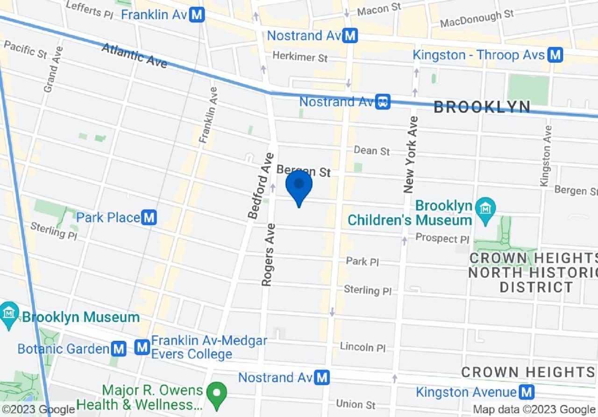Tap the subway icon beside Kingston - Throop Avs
[x=555, y=55]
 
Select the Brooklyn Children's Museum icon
[x=486, y=207]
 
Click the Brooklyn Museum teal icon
[x=9, y=311]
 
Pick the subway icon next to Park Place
[x=149, y=217]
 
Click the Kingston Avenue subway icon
[x=527, y=392]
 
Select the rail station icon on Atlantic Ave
[x=383, y=101]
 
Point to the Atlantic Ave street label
[x=134, y=56]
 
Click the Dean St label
[x=372, y=151]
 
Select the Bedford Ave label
[x=260, y=186]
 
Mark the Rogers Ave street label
[x=269, y=254]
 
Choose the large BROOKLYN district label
[x=482, y=107]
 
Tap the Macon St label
[x=379, y=8]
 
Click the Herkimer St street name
[x=300, y=57]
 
